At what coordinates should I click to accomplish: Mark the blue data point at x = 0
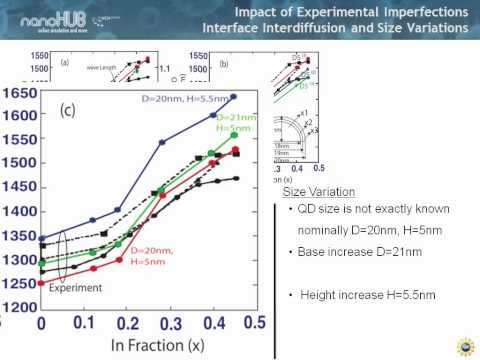pyautogui.click(x=42, y=238)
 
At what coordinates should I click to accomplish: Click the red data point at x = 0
pyautogui.click(x=42, y=283)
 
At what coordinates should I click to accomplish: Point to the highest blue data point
pyautogui.click(x=234, y=97)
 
